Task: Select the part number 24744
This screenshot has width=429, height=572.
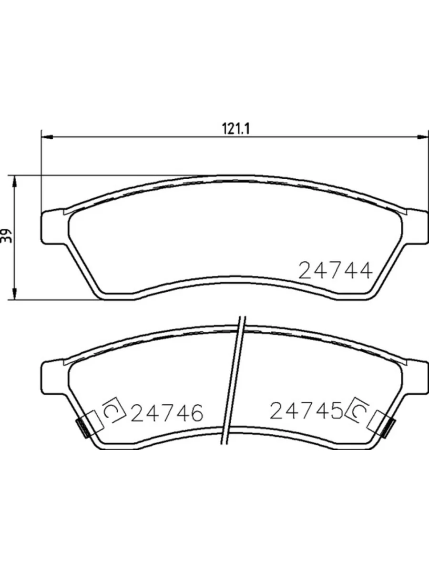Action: [x=335, y=271]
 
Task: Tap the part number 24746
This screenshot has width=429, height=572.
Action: [x=167, y=412]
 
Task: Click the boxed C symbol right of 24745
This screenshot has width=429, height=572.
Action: [x=360, y=410]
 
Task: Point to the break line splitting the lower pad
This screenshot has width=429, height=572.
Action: [x=235, y=381]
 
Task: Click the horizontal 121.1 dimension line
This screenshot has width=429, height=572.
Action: [x=143, y=137]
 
